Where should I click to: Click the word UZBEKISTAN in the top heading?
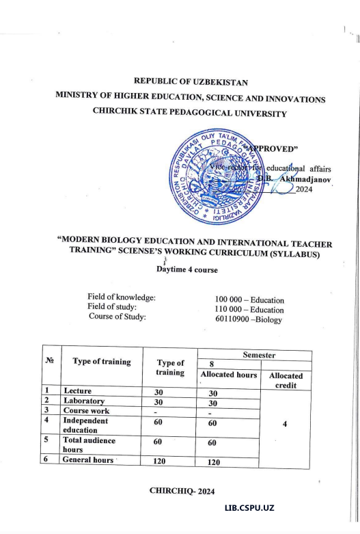(x=217, y=83)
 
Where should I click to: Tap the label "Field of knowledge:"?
(x=122, y=297)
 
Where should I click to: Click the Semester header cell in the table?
(x=253, y=355)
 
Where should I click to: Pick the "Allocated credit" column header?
(x=286, y=380)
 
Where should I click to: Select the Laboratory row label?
(x=84, y=401)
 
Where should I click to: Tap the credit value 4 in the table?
(x=286, y=423)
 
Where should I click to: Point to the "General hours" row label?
(x=89, y=460)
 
